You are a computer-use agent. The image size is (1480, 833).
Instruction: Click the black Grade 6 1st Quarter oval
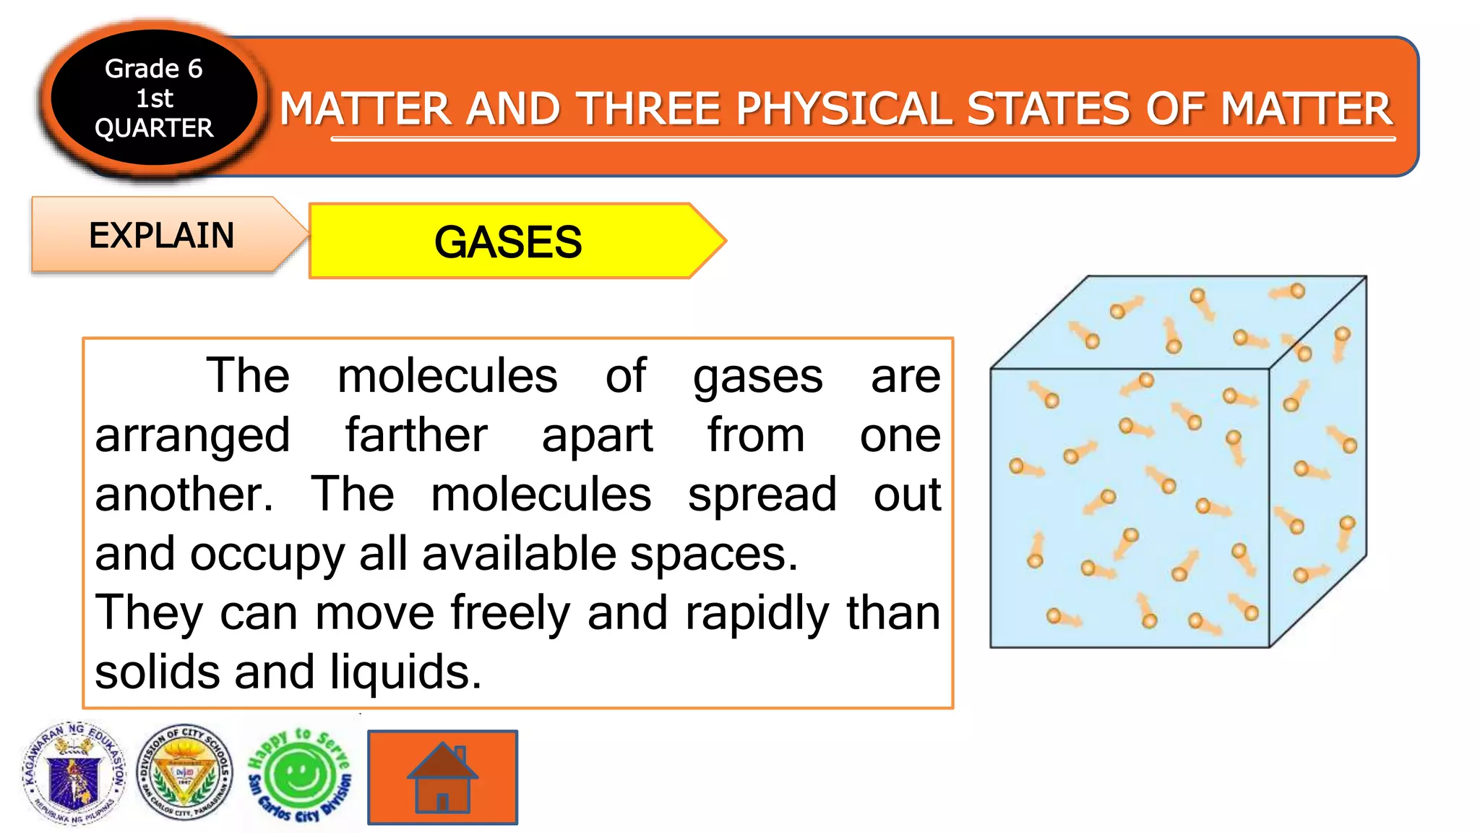tap(154, 98)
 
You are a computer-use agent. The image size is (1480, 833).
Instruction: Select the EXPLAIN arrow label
tap(161, 236)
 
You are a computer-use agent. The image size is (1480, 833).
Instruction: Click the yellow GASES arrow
tap(509, 242)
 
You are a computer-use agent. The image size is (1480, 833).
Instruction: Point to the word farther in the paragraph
tap(416, 435)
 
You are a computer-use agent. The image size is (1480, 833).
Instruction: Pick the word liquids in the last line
tap(405, 672)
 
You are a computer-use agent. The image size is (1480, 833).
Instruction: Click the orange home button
tap(442, 777)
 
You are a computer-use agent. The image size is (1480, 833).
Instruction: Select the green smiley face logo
tap(299, 776)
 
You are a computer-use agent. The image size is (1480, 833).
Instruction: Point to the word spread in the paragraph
tap(762, 495)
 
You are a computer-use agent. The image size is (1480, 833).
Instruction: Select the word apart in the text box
tap(597, 435)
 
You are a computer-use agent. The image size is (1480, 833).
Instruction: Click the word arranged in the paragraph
tap(192, 435)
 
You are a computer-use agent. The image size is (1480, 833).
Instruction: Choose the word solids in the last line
tap(157, 672)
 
